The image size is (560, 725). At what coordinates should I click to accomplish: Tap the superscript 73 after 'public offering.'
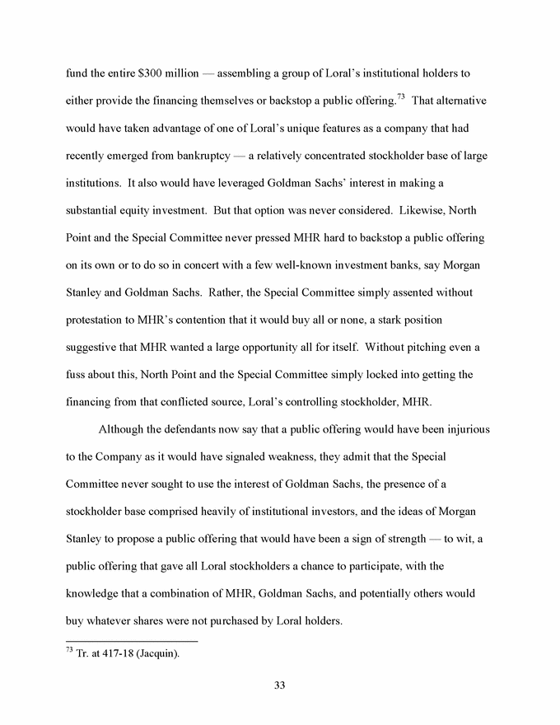click(x=400, y=97)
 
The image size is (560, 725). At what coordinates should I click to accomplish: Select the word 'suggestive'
click(x=95, y=348)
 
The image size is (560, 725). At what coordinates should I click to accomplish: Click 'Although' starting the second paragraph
click(x=124, y=430)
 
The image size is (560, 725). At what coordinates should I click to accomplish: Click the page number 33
click(x=279, y=685)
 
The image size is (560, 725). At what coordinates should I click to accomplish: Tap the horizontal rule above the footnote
click(x=132, y=641)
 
